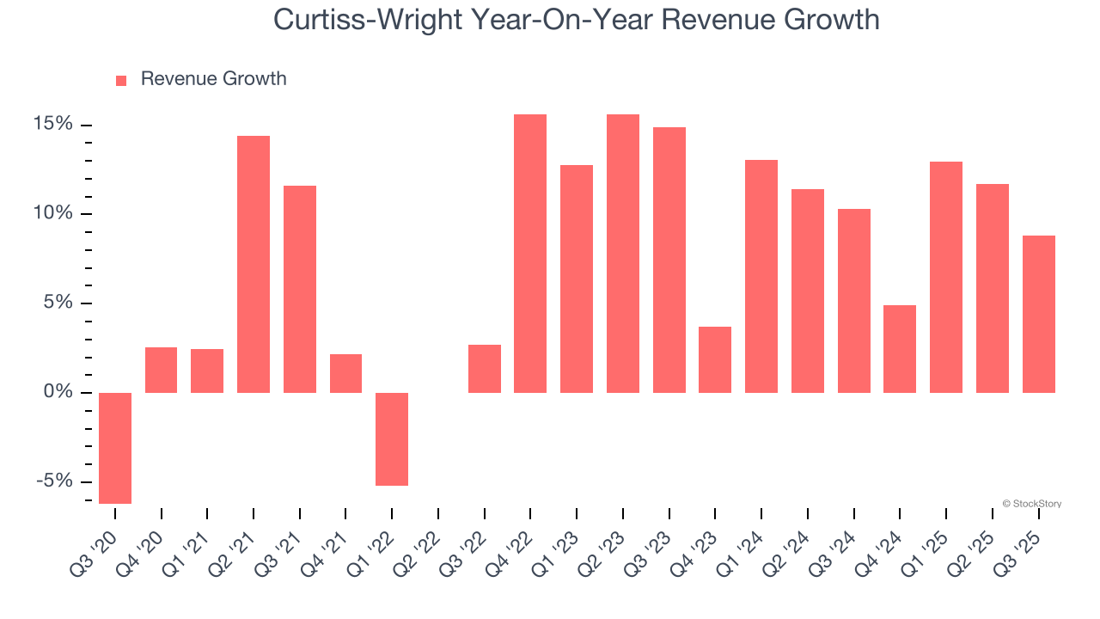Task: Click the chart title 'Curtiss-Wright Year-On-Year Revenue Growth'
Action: [576, 20]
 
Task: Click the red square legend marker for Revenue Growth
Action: [121, 80]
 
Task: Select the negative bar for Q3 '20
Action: [115, 448]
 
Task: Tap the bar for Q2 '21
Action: [254, 264]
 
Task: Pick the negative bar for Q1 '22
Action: [392, 439]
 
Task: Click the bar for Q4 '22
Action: [530, 254]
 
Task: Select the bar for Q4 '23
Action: [715, 359]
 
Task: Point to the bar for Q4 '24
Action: [900, 349]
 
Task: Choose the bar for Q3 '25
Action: [1038, 314]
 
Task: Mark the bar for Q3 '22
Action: [485, 369]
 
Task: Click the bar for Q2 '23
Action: [623, 254]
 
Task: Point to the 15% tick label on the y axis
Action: [53, 125]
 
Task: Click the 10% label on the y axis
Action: [53, 214]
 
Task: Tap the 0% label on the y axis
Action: [58, 392]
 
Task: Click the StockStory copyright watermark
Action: [1031, 504]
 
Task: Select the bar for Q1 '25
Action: [946, 277]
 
